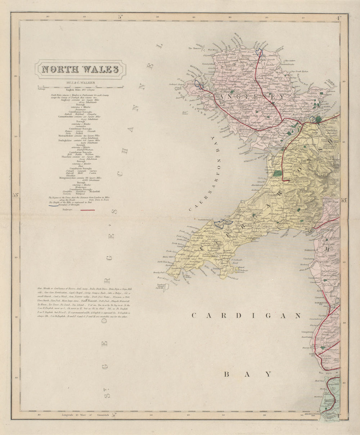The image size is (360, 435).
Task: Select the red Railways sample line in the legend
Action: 87,209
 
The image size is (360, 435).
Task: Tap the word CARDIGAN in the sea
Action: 246,316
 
